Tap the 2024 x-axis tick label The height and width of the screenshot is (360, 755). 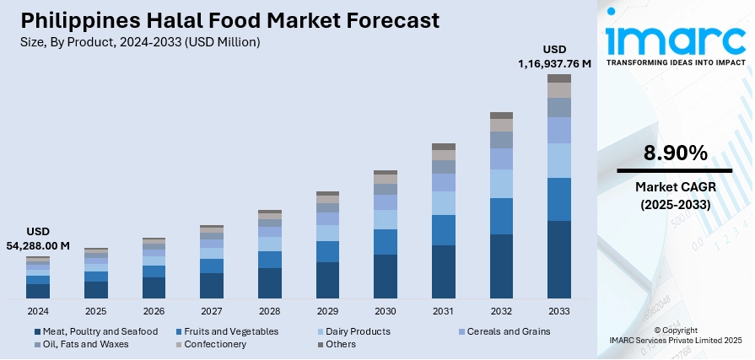click(37, 311)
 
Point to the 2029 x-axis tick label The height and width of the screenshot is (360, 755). click(327, 311)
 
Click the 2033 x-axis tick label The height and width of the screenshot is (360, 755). click(559, 311)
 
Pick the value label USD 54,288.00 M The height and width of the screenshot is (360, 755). click(38, 239)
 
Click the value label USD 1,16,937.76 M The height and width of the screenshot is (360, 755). click(554, 56)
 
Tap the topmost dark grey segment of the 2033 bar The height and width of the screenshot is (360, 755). click(559, 78)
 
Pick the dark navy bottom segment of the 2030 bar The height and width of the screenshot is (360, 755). click(386, 277)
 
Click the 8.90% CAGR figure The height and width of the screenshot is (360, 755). click(675, 153)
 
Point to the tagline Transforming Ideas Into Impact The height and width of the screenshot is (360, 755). click(676, 62)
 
